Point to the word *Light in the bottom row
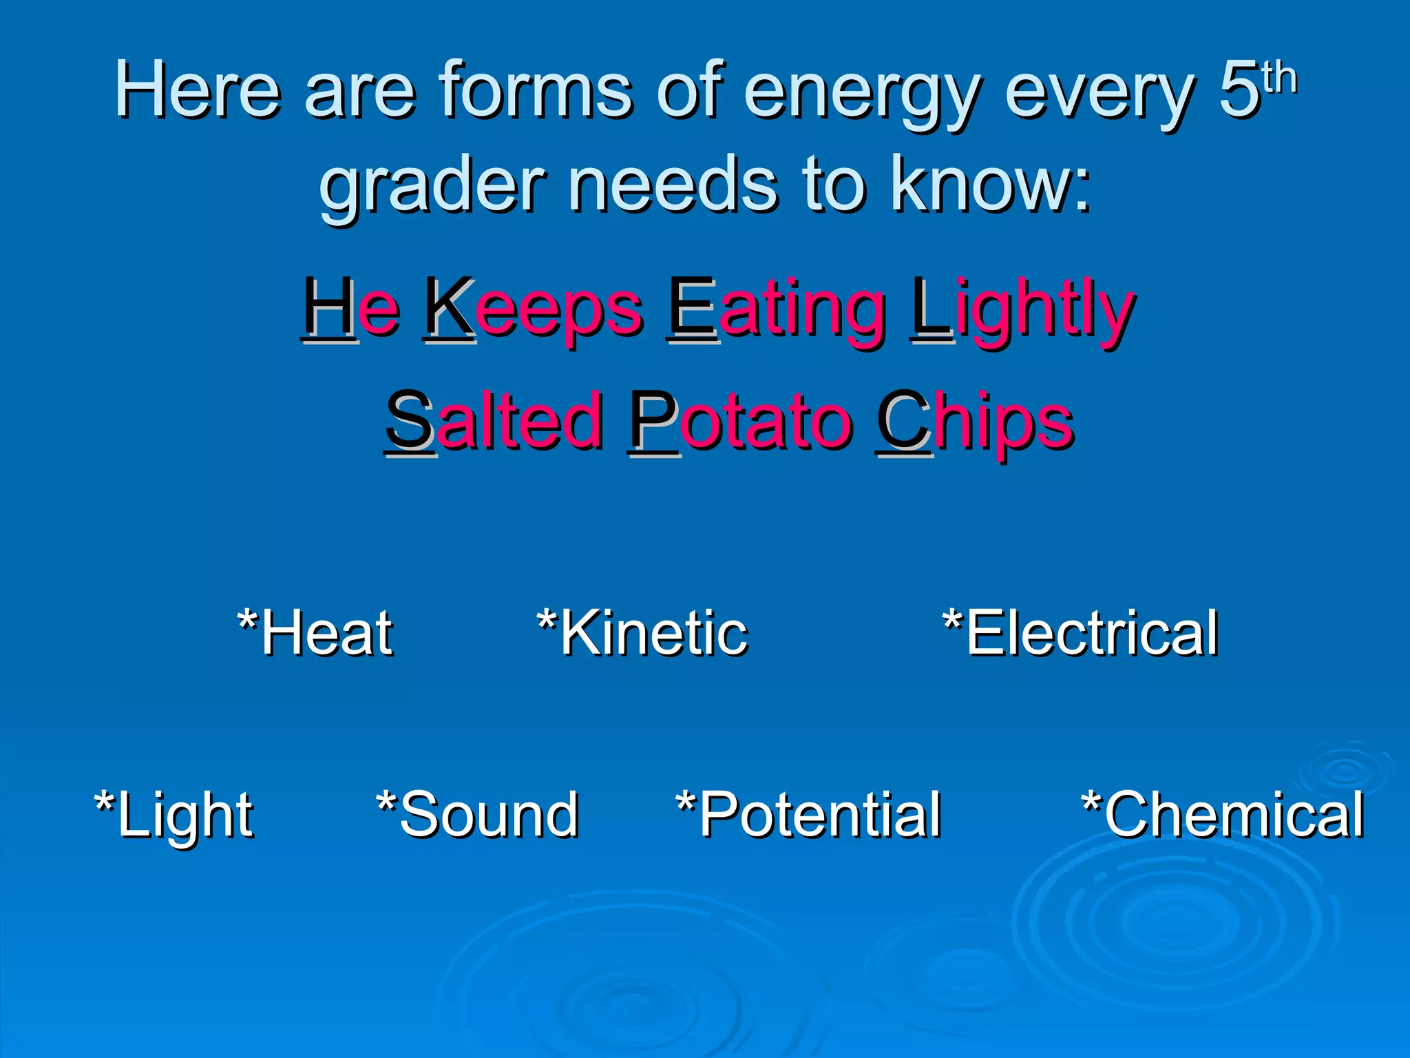click(173, 816)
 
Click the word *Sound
click(477, 816)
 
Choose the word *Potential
click(808, 816)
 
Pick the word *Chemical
click(1223, 816)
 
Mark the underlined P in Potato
click(653, 420)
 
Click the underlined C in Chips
click(903, 420)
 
